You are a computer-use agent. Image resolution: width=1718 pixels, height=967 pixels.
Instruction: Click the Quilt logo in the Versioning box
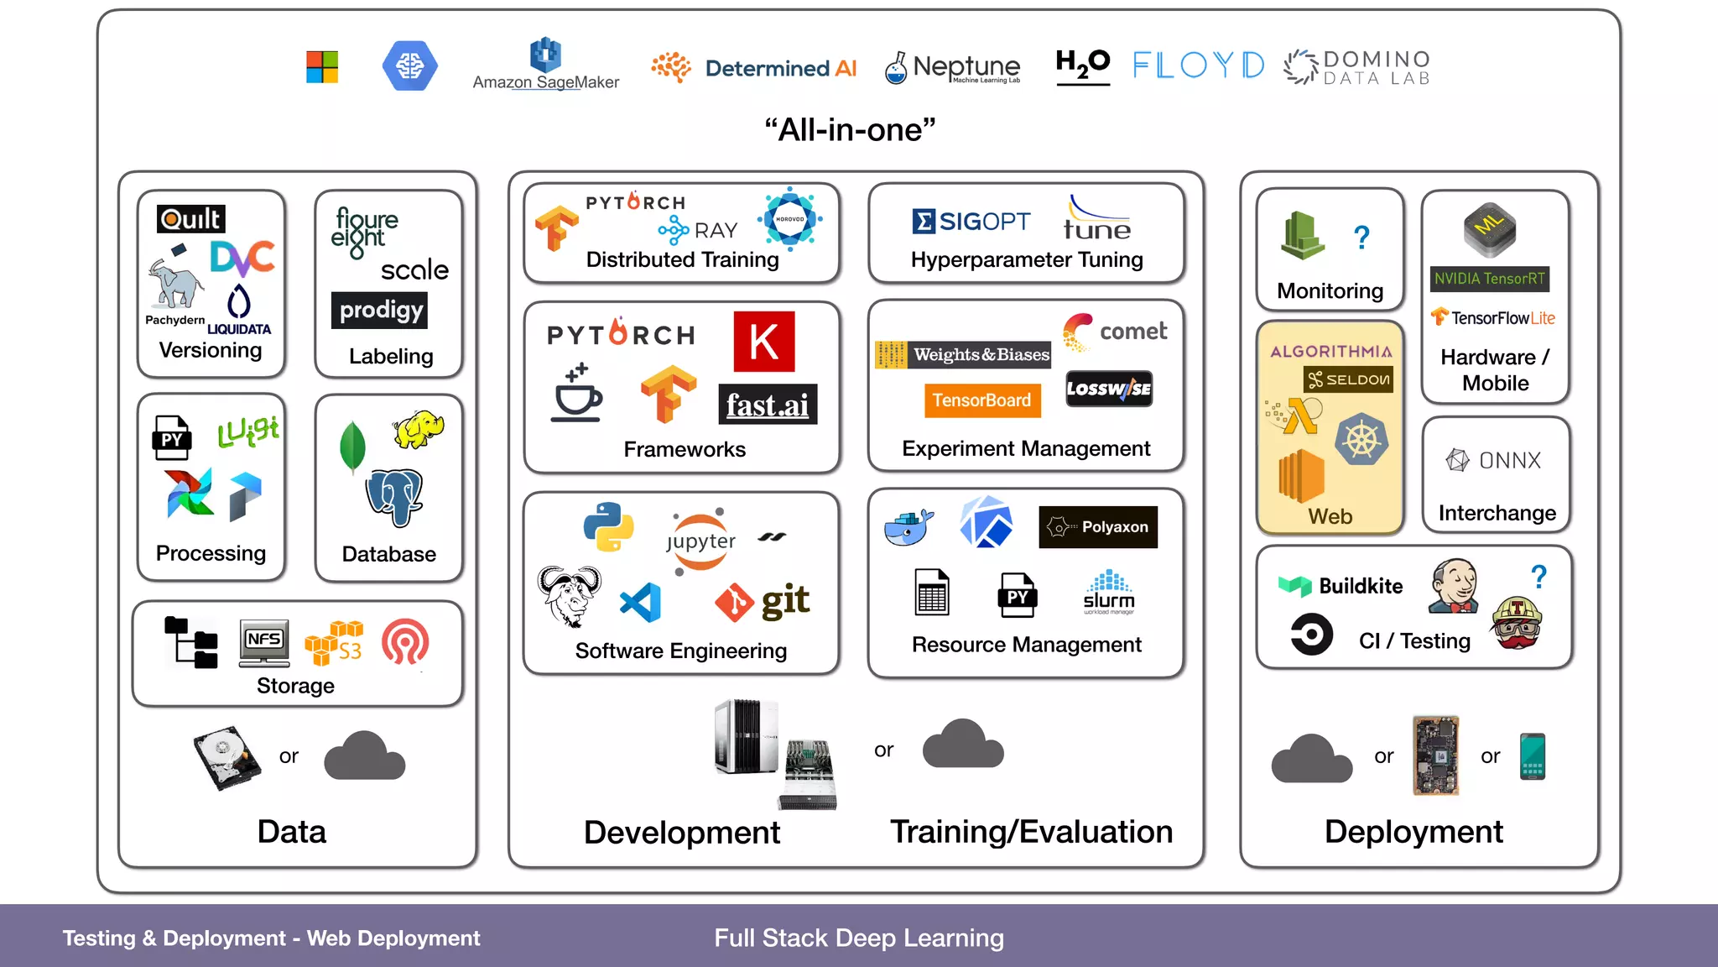(x=190, y=219)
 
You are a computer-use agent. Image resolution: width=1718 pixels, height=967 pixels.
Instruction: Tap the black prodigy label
(x=380, y=310)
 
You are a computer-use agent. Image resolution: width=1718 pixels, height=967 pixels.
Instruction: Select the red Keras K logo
(x=763, y=342)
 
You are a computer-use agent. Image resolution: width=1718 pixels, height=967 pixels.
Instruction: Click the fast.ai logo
(x=767, y=405)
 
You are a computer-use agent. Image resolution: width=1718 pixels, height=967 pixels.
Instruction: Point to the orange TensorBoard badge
(x=981, y=400)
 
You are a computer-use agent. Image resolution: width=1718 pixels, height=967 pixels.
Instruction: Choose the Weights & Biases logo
(x=962, y=355)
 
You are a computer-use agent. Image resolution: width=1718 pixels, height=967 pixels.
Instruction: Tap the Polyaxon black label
(x=1097, y=527)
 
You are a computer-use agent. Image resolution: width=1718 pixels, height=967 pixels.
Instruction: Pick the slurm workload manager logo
(x=1108, y=593)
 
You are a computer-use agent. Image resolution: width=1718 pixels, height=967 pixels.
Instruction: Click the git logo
(x=763, y=602)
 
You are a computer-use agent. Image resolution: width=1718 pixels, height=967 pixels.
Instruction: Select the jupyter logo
(x=700, y=541)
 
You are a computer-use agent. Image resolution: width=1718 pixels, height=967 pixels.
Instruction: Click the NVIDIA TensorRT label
(x=1489, y=279)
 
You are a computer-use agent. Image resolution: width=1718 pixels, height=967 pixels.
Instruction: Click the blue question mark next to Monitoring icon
(x=1361, y=238)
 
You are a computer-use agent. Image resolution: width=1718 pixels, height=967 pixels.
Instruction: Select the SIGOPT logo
(x=971, y=222)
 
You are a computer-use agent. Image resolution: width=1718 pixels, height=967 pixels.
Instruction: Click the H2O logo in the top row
(x=1082, y=65)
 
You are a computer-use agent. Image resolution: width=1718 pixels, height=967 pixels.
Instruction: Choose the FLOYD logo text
(x=1198, y=65)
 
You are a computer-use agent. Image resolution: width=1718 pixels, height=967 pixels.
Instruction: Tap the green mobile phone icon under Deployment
(x=1532, y=756)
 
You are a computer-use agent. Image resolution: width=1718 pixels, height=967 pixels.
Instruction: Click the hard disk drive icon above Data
(x=226, y=757)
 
